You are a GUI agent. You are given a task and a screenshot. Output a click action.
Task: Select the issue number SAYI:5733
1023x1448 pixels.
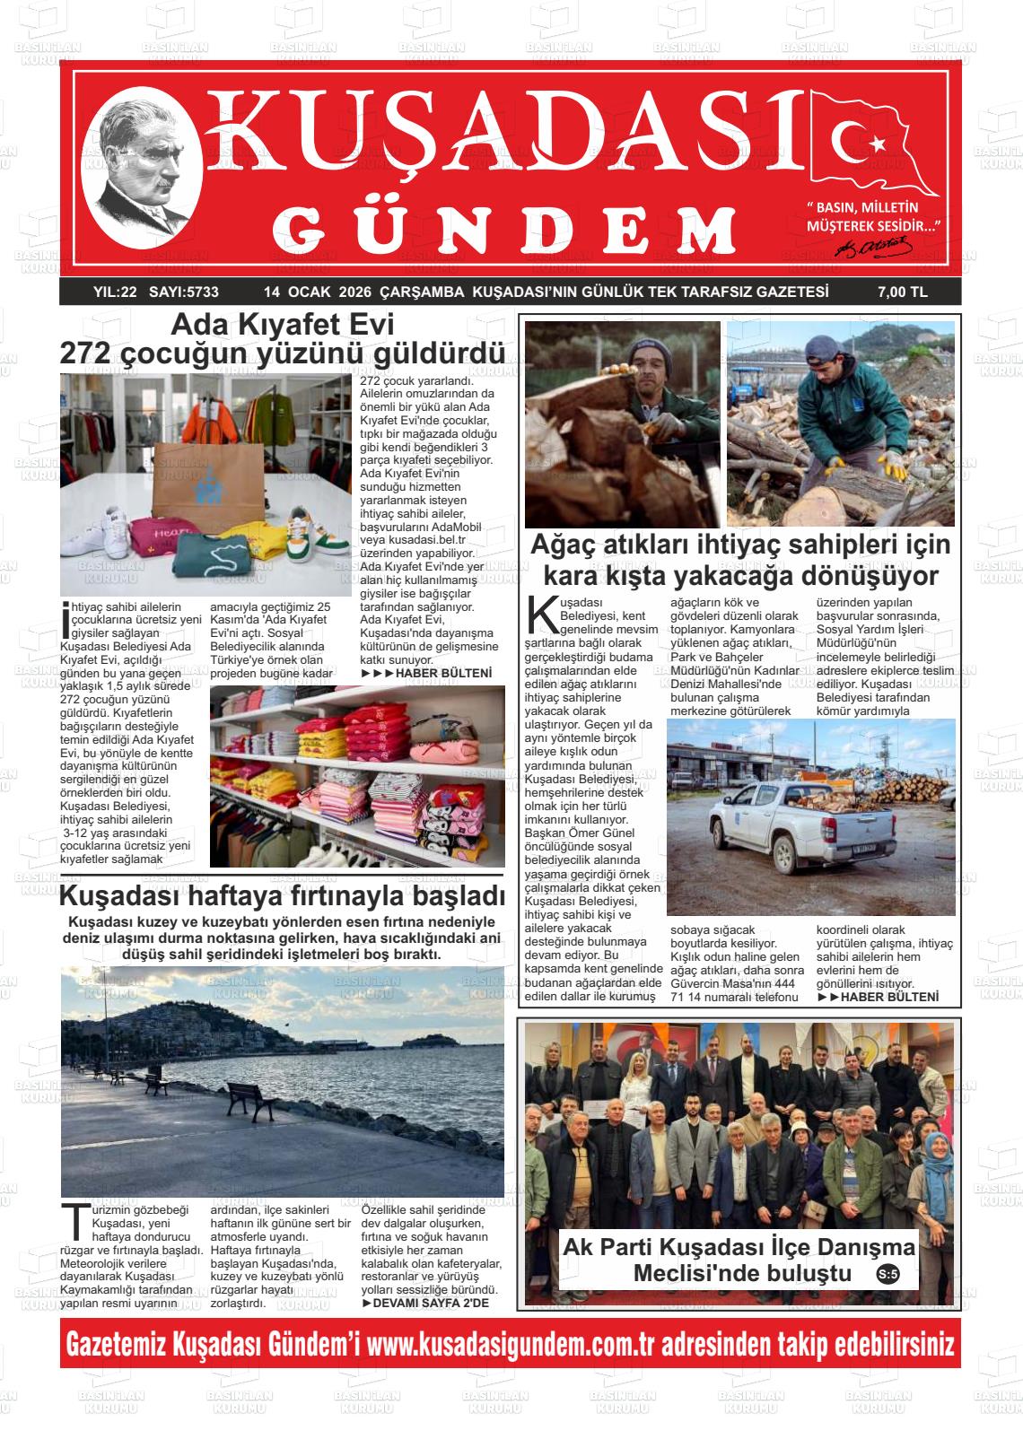185,292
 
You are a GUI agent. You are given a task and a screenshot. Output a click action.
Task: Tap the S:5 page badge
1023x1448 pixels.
887,1275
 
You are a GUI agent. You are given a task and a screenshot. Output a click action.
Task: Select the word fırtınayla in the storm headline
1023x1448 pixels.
340,896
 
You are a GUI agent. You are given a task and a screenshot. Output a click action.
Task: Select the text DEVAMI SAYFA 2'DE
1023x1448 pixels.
431,1303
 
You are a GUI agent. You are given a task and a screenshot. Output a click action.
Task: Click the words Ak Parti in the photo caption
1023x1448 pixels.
606,1247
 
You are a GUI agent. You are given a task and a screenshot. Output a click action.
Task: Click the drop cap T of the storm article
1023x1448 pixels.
74,1221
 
